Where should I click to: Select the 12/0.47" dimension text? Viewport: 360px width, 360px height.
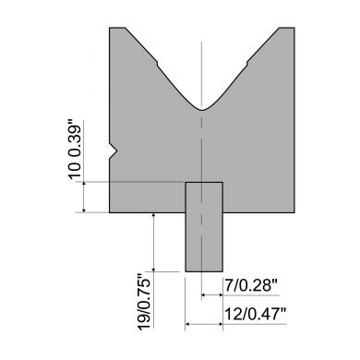[x=256, y=315]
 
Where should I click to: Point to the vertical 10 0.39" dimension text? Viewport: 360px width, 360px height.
[x=76, y=150]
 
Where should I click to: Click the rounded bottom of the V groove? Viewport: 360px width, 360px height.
[x=201, y=109]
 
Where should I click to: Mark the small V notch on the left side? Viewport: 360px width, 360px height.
[x=113, y=151]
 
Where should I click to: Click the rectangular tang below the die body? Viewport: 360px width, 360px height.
[x=204, y=227]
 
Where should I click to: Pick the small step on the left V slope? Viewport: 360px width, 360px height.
[x=158, y=64]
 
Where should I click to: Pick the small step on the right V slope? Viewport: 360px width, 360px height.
[x=246, y=64]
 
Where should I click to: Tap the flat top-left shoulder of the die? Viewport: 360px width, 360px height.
[x=117, y=28]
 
